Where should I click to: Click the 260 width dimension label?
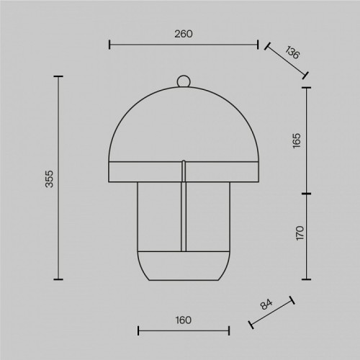[x=183, y=34]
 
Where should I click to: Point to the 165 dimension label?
[x=298, y=140]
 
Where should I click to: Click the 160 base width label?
[x=183, y=321]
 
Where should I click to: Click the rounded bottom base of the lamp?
[x=184, y=266]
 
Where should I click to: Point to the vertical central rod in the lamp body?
[x=184, y=216]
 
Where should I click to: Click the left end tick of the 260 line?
[x=109, y=45]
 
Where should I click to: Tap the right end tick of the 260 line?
[x=258, y=45]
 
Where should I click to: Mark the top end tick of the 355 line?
[x=58, y=76]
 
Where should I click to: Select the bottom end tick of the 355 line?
[x=58, y=279]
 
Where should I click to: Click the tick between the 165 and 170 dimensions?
[x=307, y=194]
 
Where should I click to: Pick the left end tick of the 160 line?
[x=138, y=331]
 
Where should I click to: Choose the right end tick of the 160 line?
[x=229, y=331]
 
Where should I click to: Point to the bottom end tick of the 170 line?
[x=307, y=279]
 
